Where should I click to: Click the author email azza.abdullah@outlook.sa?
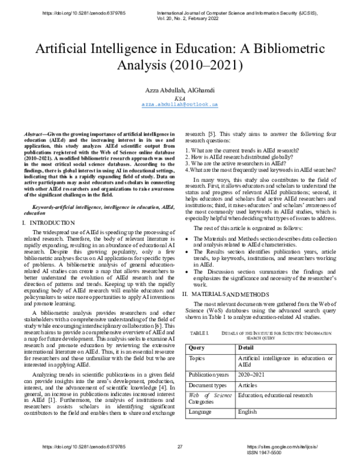[179, 104]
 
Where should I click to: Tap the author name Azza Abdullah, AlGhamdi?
[179, 89]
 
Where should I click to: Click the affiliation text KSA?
[179, 97]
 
